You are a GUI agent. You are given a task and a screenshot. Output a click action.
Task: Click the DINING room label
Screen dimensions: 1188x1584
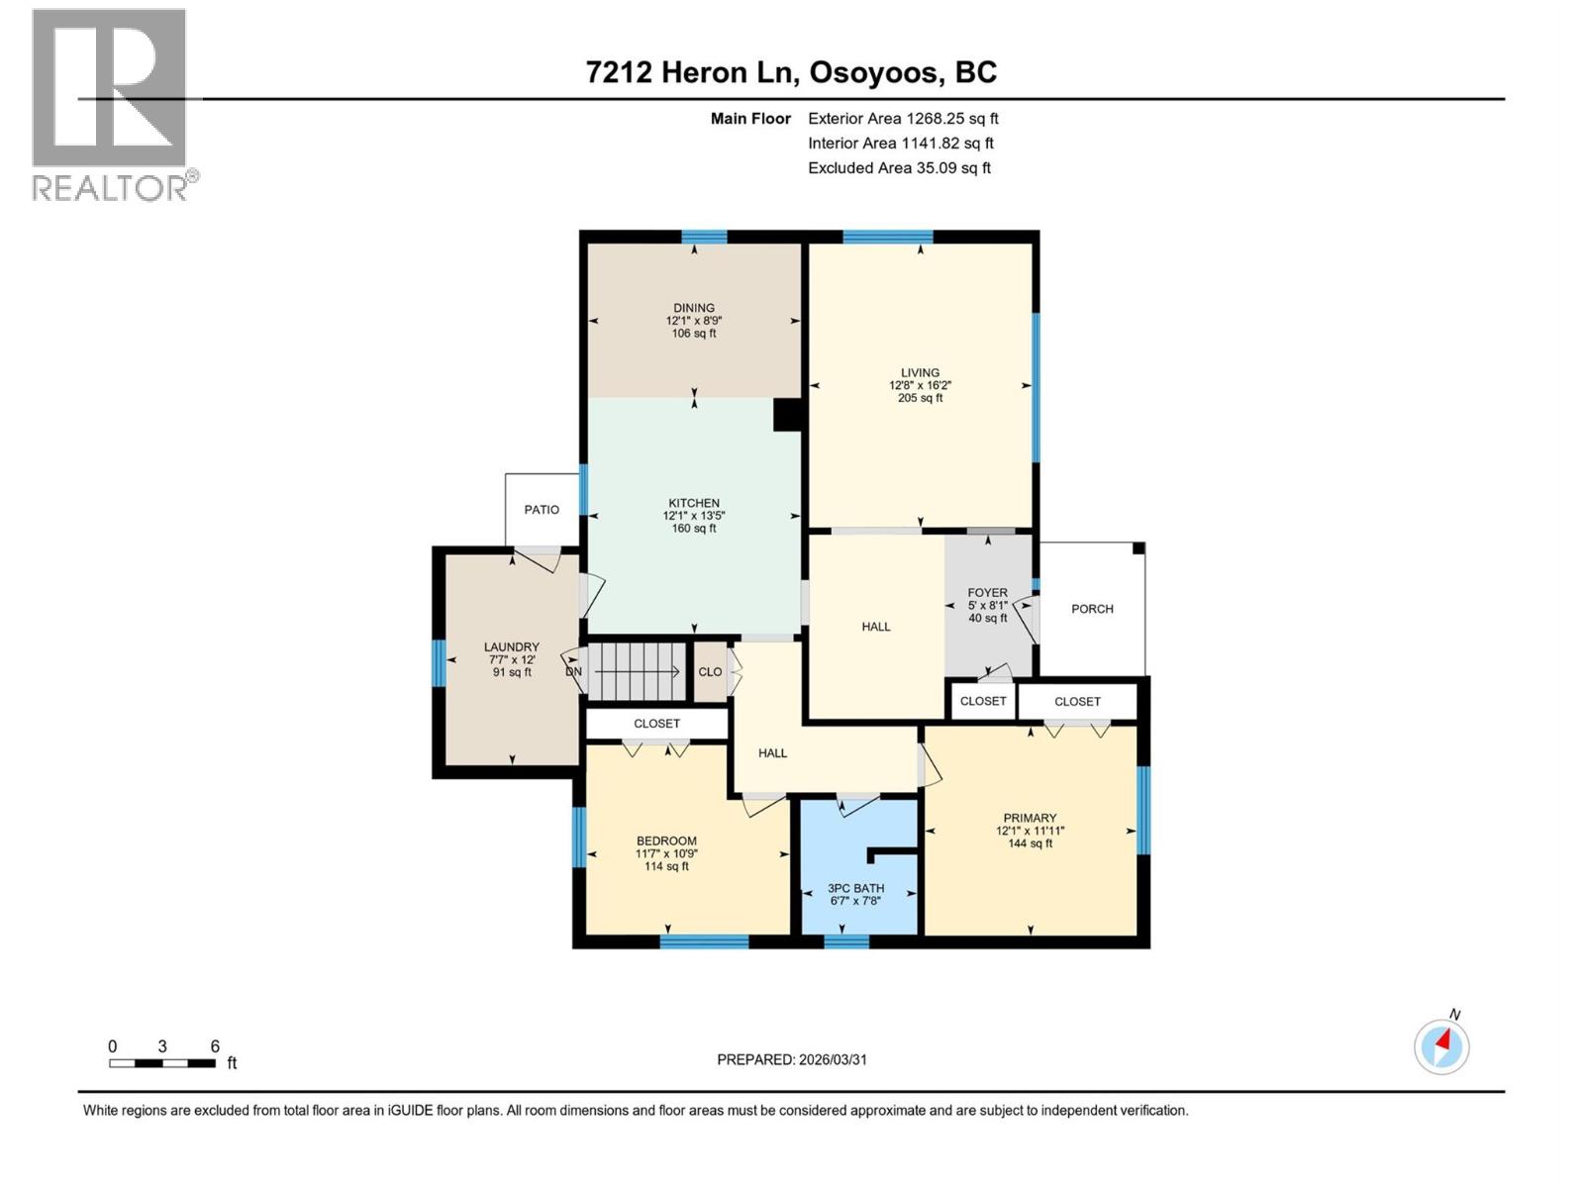point(693,308)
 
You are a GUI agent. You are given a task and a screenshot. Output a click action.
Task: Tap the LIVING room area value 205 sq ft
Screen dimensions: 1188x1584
point(920,398)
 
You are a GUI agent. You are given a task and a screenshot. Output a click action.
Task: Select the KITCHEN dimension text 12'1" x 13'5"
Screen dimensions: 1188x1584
point(693,516)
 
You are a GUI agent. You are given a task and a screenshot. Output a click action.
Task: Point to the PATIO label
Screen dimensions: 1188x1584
point(542,510)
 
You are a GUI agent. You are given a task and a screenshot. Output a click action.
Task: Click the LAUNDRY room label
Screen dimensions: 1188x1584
point(511,646)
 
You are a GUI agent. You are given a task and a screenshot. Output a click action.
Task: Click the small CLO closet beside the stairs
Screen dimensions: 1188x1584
point(710,671)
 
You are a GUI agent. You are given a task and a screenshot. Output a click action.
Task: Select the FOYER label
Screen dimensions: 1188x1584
point(987,593)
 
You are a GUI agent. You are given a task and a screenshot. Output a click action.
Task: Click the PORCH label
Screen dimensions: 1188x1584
point(1092,609)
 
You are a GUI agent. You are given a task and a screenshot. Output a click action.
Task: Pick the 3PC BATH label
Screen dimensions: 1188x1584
point(855,888)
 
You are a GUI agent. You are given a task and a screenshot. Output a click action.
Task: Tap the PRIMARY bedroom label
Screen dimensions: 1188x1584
point(1030,818)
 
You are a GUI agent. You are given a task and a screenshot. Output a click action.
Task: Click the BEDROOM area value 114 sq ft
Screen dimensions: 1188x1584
point(666,866)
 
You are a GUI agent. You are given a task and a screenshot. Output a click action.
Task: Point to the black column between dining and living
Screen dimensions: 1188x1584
point(787,415)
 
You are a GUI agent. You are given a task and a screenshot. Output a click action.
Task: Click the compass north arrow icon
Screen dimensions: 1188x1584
point(1441,1045)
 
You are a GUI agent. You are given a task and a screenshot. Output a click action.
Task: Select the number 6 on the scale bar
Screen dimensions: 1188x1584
point(215,1046)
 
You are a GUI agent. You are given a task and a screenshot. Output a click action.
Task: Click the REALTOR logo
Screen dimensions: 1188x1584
point(110,104)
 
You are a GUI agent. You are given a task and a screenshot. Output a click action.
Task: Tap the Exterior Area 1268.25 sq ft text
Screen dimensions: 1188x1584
point(903,119)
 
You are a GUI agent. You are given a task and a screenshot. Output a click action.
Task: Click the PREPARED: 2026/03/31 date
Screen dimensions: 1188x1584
point(791,1059)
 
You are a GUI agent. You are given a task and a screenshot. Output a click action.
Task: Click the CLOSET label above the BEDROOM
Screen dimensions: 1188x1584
point(656,724)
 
